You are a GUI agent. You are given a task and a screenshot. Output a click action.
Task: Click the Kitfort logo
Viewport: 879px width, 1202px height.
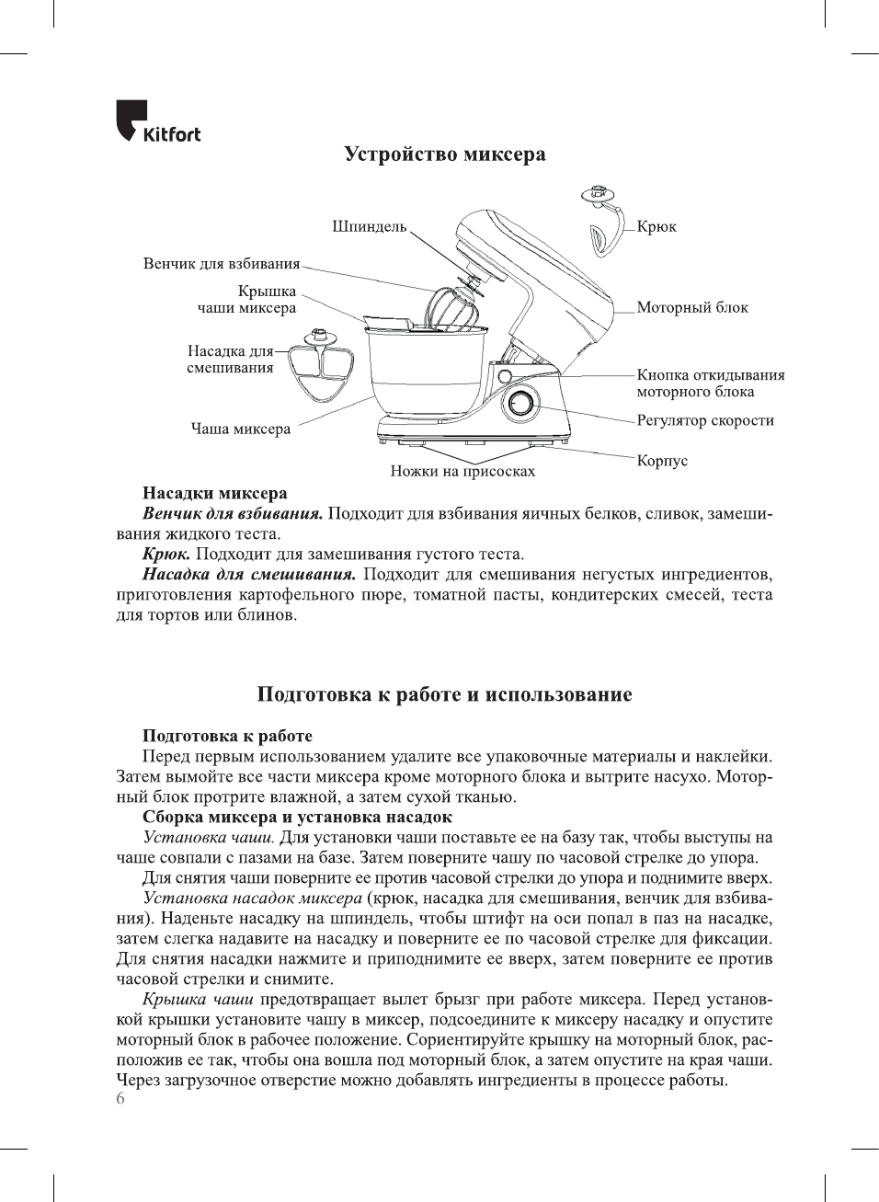click(x=157, y=122)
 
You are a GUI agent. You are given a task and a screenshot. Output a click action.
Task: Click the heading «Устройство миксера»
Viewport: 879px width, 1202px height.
click(x=445, y=155)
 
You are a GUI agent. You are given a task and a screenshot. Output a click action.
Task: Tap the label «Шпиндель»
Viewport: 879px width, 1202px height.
click(x=369, y=227)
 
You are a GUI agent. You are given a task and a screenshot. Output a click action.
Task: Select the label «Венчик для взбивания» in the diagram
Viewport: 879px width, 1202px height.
click(x=222, y=264)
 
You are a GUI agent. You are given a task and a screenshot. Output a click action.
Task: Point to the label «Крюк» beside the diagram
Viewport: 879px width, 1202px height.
click(x=656, y=227)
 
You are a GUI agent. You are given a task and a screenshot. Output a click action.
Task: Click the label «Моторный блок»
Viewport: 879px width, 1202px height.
click(x=692, y=307)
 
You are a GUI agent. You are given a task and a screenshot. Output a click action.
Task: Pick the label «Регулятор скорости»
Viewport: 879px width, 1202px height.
click(x=705, y=420)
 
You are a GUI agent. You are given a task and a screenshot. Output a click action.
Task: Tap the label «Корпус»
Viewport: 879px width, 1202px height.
click(x=662, y=460)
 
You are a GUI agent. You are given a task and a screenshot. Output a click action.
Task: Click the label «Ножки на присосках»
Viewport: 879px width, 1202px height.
click(x=462, y=471)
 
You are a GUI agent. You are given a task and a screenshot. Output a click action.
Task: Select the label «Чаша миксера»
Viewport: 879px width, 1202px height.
click(x=241, y=429)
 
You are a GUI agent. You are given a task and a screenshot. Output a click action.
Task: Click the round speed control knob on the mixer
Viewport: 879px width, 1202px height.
click(x=520, y=405)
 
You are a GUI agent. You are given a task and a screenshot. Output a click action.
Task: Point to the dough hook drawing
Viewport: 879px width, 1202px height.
click(x=603, y=225)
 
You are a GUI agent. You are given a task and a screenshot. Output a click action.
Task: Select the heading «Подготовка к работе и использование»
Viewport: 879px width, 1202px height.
click(x=445, y=694)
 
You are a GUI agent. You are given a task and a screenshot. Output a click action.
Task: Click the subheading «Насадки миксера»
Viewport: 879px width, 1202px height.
click(x=214, y=493)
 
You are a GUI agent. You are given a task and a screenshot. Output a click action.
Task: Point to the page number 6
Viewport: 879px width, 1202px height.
click(x=120, y=1099)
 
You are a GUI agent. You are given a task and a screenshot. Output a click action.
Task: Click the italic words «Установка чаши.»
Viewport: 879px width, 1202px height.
click(x=209, y=837)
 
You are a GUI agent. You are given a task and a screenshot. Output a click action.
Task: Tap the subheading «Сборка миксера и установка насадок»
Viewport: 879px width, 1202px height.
click(x=297, y=817)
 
